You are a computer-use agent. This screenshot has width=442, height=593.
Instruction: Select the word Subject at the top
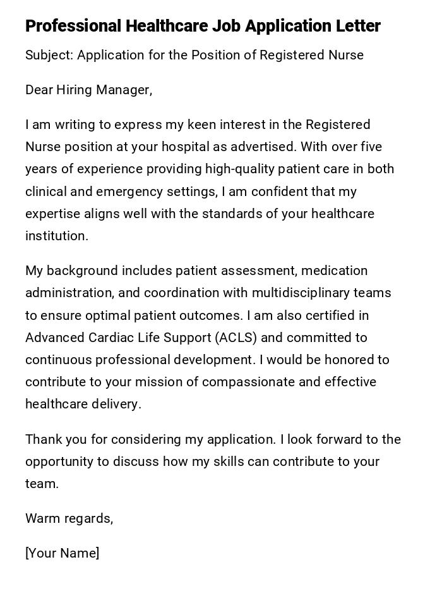point(49,55)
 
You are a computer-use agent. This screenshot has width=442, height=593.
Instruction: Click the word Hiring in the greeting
point(76,90)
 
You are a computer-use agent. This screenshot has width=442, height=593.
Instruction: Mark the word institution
point(56,236)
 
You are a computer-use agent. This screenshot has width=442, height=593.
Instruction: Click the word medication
point(335,271)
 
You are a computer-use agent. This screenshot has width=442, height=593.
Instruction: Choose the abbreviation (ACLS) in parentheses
point(236,338)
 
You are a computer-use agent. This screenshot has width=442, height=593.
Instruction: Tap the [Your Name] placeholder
point(62,553)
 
